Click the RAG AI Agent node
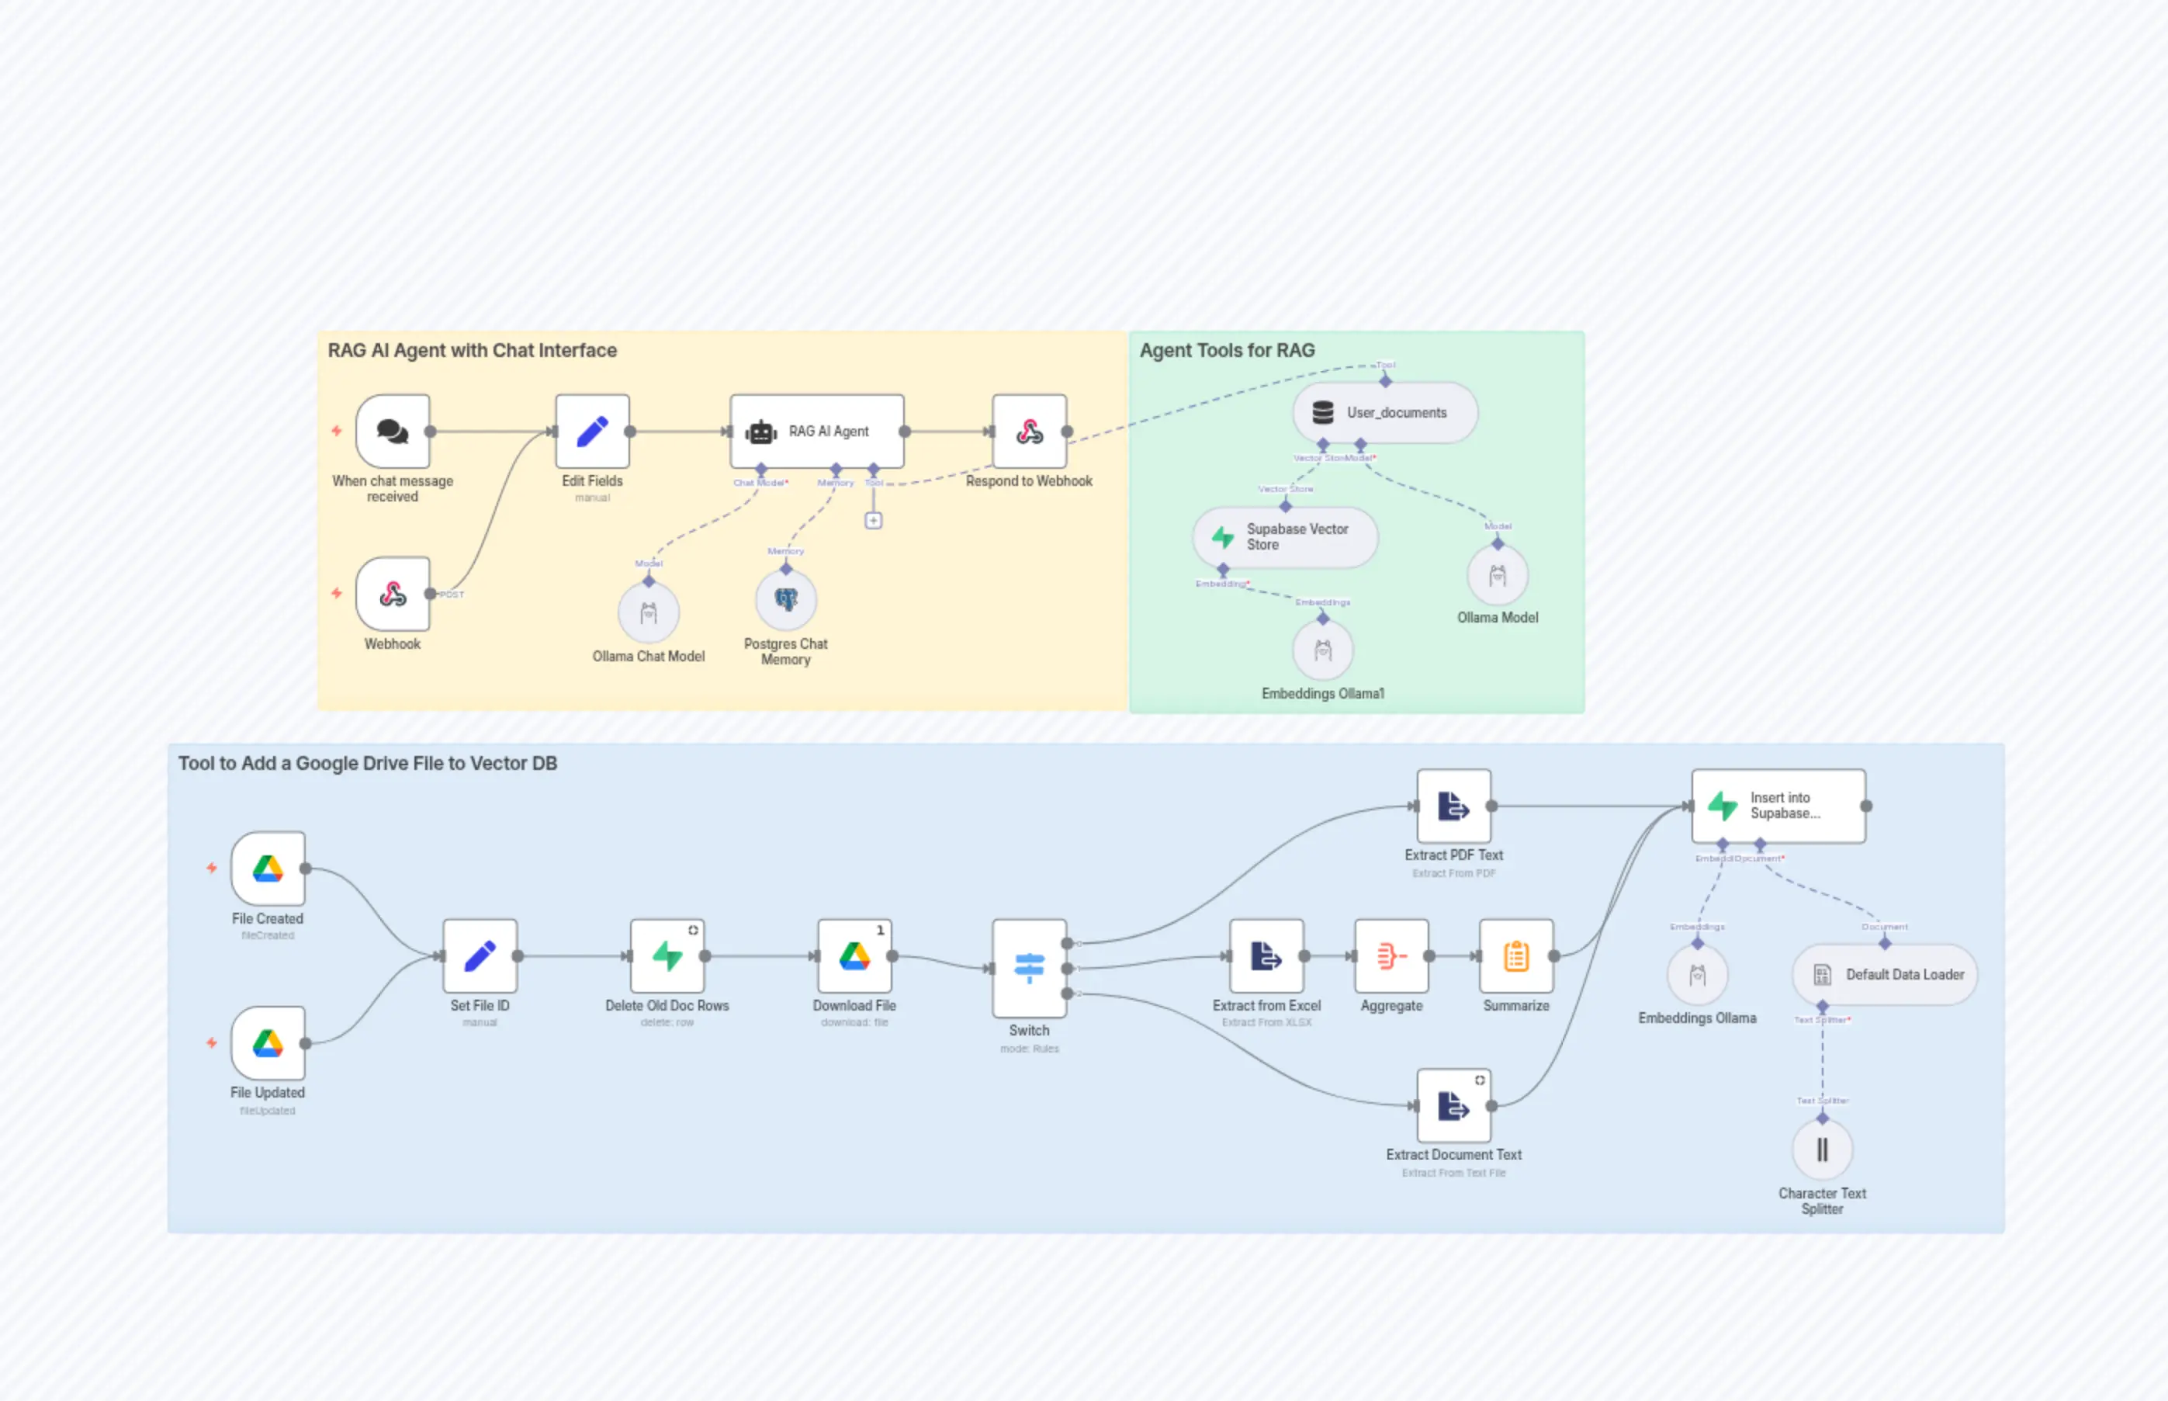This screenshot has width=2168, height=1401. tap(816, 432)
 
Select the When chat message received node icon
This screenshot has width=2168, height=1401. tap(393, 432)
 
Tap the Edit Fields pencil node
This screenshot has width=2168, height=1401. tap(592, 432)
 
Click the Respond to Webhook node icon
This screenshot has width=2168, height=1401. tap(1029, 432)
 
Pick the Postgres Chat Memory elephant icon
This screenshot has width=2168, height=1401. tap(786, 599)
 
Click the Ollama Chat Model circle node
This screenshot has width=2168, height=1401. tap(649, 613)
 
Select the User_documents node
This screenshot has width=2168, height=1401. tap(1384, 413)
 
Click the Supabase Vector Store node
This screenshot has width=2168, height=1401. tap(1284, 537)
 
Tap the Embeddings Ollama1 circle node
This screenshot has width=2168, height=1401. tap(1322, 650)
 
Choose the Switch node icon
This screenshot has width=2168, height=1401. tap(1029, 968)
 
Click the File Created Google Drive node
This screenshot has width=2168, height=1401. tap(268, 868)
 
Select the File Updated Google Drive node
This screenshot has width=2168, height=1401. tap(268, 1042)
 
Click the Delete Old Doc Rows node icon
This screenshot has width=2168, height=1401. tap(667, 955)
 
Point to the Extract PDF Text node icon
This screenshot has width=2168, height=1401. tap(1453, 806)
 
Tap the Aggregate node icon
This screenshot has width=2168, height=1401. tap(1390, 955)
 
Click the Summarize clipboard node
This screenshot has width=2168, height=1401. tap(1515, 955)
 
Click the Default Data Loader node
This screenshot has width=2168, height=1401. tap(1884, 974)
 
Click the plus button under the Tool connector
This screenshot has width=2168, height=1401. tap(873, 520)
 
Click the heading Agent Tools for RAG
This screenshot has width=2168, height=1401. tap(1226, 350)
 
